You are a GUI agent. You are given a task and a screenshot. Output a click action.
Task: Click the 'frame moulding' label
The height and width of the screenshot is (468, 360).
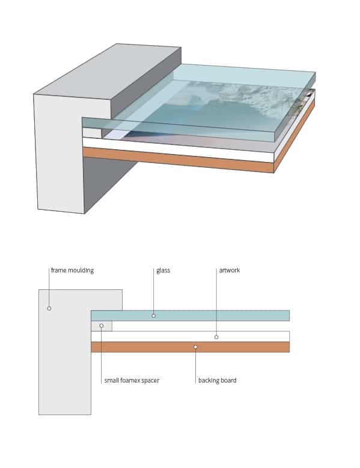[72, 271]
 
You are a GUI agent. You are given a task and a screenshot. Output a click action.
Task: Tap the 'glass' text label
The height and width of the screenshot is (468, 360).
[163, 271]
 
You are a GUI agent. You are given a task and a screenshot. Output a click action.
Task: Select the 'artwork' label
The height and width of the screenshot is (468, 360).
[230, 270]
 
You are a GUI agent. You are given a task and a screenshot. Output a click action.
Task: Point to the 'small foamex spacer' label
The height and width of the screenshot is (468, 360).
[132, 380]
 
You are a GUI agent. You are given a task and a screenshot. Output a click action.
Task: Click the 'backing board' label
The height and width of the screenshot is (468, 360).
[218, 380]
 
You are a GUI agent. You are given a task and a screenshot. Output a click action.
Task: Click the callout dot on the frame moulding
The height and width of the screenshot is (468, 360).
[49, 309]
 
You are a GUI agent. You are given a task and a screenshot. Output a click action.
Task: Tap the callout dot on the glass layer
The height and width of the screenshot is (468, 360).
[154, 315]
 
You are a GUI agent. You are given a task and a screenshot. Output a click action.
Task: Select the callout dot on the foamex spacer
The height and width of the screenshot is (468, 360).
[102, 325]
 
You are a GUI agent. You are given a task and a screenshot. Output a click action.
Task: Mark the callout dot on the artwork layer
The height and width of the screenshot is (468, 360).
[216, 337]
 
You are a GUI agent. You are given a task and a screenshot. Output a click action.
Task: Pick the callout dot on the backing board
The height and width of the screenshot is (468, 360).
[195, 347]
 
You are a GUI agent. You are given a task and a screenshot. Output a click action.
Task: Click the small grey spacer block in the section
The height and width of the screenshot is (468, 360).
[102, 326]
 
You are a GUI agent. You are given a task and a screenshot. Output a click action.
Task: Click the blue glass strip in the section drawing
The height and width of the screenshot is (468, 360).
[191, 315]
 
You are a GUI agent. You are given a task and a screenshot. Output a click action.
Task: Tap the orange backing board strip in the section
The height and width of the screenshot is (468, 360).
[191, 347]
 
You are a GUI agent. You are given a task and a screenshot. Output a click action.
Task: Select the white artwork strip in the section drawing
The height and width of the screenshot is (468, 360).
[191, 336]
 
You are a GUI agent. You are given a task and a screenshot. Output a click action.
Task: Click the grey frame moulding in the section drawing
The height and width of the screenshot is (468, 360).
[65, 352]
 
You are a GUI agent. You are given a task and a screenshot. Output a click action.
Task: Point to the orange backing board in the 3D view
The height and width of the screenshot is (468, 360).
[178, 159]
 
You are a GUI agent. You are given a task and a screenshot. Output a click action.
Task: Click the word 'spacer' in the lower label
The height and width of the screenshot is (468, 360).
[150, 381]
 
